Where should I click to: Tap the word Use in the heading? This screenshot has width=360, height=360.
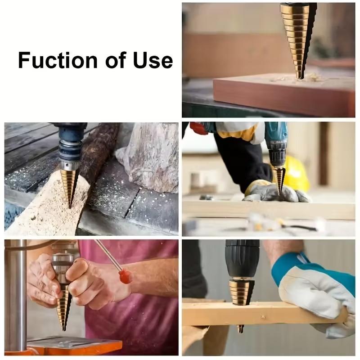pos(153,60)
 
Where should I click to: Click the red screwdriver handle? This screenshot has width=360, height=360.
pos(125,275)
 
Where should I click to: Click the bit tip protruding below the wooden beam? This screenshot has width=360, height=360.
pos(240,328)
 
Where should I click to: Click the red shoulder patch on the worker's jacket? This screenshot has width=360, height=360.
pos(198,128)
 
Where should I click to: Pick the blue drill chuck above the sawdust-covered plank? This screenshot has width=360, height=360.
pos(70,144)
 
